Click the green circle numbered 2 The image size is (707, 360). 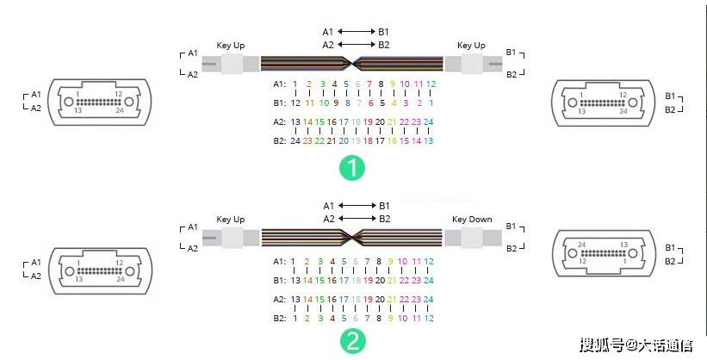click(x=351, y=341)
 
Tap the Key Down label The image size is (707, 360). click(x=472, y=220)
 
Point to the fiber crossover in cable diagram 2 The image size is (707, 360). click(x=351, y=237)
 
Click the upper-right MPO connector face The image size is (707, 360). click(x=599, y=102)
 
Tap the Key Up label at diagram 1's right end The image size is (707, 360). click(x=470, y=45)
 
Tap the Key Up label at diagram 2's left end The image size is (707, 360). click(x=230, y=220)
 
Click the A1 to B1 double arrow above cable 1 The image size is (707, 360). click(x=355, y=32)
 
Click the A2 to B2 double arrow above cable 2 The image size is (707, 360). click(x=355, y=219)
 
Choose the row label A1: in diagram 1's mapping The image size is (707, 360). click(x=279, y=84)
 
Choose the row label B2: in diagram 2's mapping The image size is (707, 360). click(x=279, y=317)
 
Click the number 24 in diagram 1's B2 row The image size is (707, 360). click(x=295, y=140)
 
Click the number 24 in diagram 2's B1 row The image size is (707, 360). click(x=429, y=280)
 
